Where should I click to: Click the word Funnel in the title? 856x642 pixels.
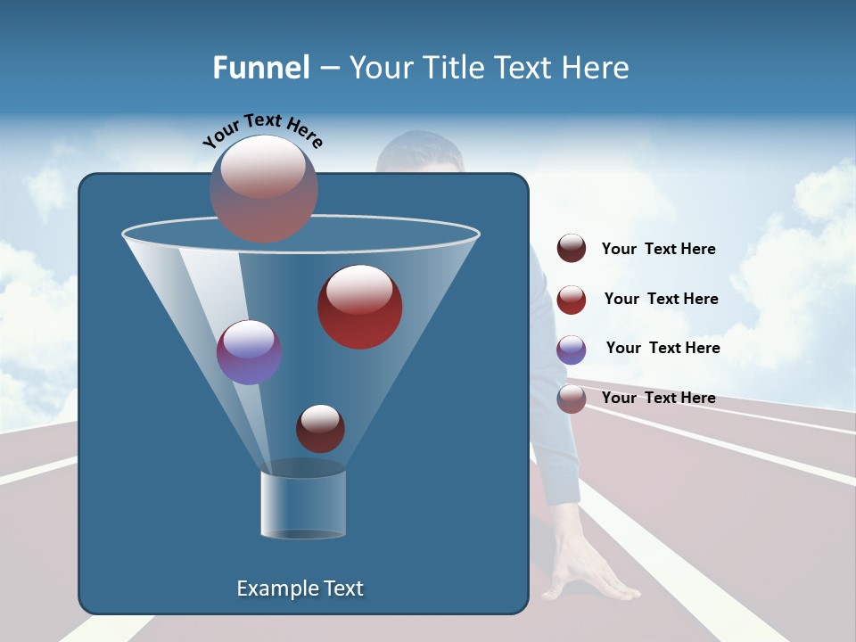click(260, 68)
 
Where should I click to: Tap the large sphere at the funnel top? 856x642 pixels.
click(263, 188)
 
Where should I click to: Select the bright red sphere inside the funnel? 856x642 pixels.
click(359, 306)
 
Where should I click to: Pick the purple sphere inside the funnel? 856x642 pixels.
click(249, 352)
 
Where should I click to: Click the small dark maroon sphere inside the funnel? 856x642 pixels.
click(320, 428)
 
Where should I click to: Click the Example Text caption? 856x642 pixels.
click(300, 588)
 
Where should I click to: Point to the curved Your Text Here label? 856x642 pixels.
click(262, 129)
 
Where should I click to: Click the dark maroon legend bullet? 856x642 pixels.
click(572, 249)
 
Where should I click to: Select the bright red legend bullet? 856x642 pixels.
click(572, 300)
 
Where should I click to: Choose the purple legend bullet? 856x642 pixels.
click(572, 350)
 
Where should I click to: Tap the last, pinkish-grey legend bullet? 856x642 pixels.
click(572, 399)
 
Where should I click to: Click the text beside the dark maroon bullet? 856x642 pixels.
click(658, 250)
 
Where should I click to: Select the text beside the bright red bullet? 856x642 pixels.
click(661, 300)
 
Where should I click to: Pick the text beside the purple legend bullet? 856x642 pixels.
click(663, 349)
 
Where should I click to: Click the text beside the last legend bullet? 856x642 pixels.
click(658, 398)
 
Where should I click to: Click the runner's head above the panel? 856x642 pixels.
click(419, 153)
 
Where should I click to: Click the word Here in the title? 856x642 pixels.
click(596, 68)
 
